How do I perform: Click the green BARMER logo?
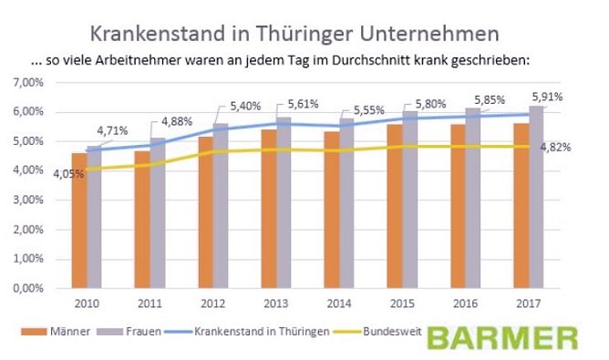502,337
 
